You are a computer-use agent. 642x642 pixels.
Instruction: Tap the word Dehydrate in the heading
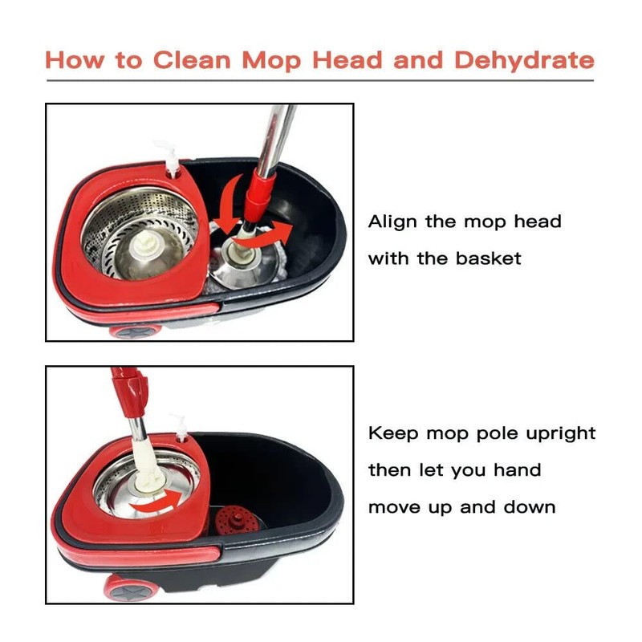pyautogui.click(x=524, y=60)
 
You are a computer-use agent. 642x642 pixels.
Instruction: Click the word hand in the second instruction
pyautogui.click(x=519, y=470)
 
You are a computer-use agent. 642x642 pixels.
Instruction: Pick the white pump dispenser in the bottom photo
pyautogui.click(x=182, y=426)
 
